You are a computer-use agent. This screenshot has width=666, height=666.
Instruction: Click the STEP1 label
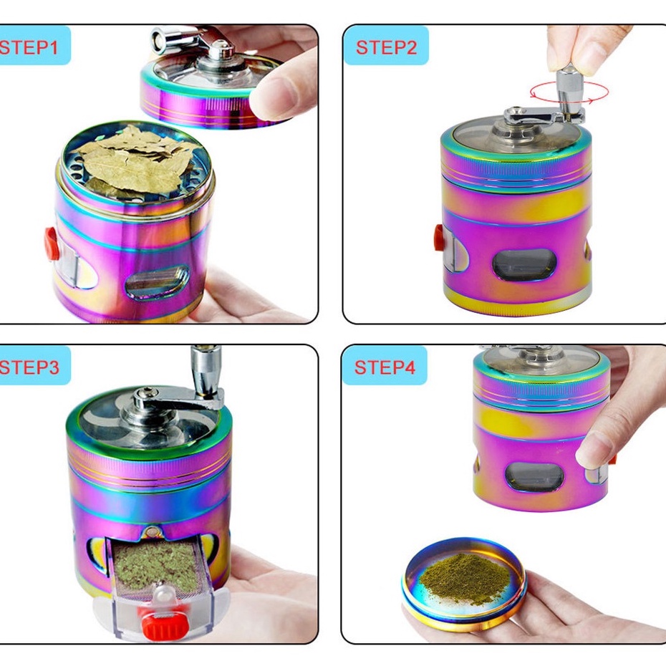tap(29, 47)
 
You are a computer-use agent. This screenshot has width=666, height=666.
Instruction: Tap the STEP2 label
tap(386, 47)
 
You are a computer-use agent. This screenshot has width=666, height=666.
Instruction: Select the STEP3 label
tap(29, 367)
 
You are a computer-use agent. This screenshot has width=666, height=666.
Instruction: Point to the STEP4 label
tap(385, 367)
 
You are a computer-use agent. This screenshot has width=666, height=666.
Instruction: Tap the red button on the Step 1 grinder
tap(52, 243)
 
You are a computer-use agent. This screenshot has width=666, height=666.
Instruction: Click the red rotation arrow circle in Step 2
tap(569, 92)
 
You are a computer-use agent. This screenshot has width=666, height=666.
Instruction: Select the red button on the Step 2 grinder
tap(439, 238)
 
